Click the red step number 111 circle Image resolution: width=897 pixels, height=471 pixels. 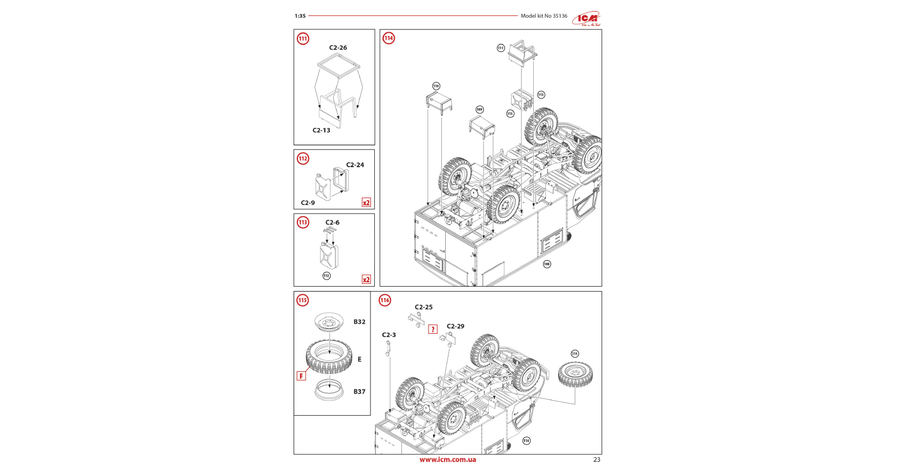(303, 39)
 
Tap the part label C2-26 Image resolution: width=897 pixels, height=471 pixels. (338, 48)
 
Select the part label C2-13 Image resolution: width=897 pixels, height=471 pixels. (321, 131)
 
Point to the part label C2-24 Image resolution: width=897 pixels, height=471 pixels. (355, 165)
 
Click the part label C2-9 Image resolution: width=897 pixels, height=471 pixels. (308, 203)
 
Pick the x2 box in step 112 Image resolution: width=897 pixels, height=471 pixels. (366, 203)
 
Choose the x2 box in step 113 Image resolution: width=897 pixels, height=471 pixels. (366, 280)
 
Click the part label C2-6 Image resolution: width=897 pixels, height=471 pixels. (332, 222)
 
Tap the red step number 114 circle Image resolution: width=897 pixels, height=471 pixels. (389, 38)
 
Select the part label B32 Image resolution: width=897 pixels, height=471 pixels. (359, 322)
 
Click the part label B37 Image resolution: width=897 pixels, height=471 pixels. (359, 392)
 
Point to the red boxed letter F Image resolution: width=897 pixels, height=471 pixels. (301, 376)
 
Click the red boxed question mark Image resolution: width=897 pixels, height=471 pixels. (433, 329)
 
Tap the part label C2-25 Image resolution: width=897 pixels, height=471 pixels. (424, 307)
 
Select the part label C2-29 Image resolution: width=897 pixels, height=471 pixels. (455, 327)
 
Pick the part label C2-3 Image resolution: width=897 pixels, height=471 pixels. (389, 335)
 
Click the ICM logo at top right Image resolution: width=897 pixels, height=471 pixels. (586, 19)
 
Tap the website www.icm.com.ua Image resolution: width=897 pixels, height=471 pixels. (447, 459)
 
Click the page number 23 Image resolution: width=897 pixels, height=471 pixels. (596, 459)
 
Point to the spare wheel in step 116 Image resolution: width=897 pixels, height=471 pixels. (575, 375)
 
